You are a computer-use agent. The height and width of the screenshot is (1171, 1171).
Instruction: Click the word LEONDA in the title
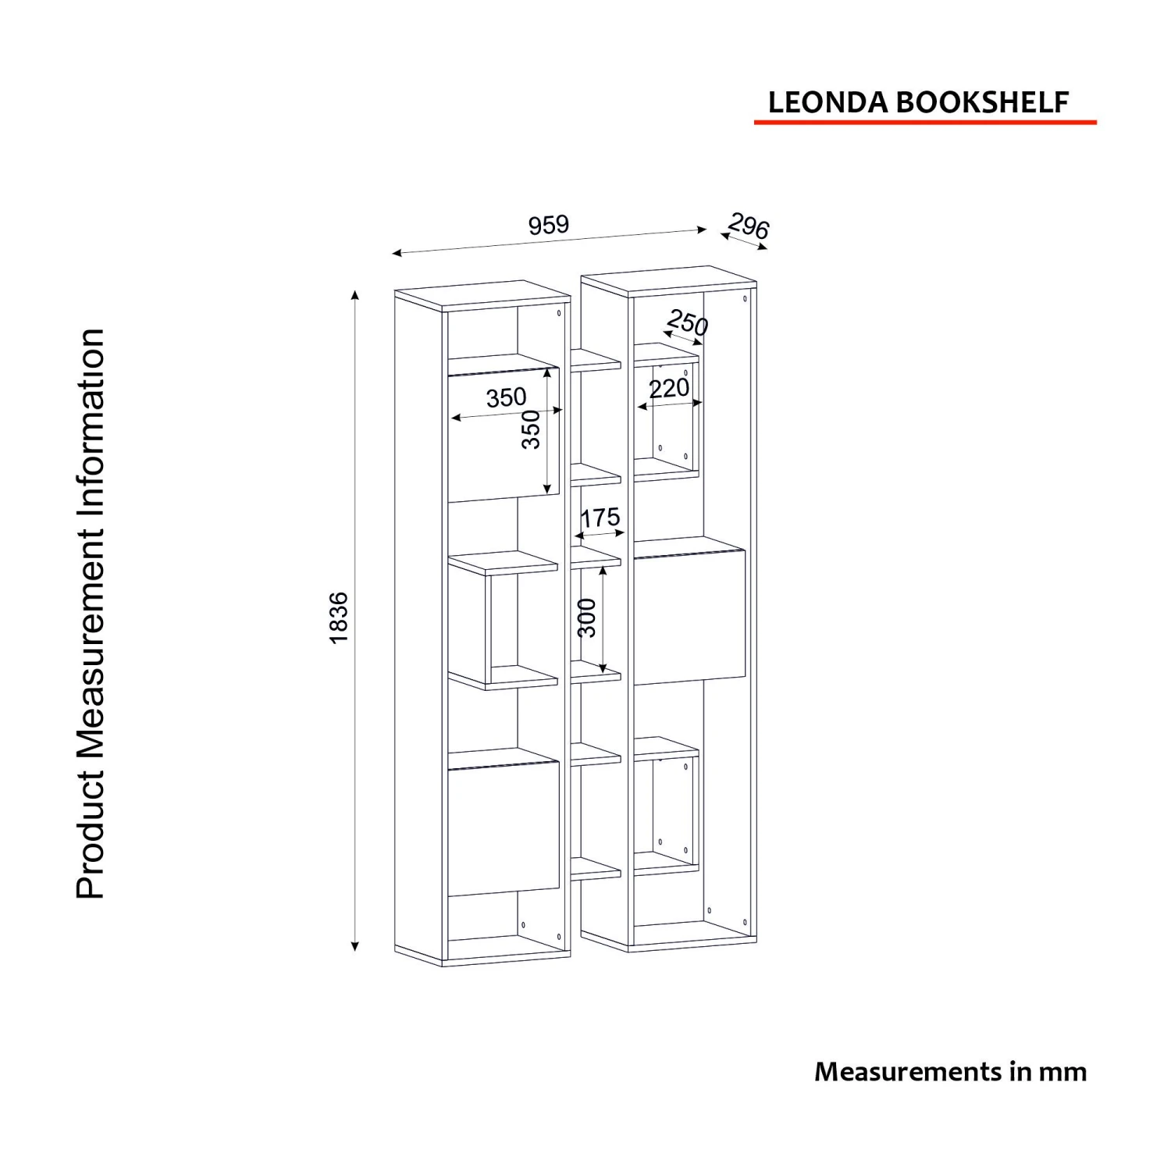(x=828, y=102)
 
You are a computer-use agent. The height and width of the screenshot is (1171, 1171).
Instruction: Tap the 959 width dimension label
(x=548, y=225)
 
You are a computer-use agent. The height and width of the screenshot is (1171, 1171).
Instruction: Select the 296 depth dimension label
(x=749, y=226)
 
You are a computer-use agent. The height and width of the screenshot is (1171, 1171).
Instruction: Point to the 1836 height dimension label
(x=338, y=618)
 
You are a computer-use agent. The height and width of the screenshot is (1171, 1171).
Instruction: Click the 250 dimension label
(x=687, y=322)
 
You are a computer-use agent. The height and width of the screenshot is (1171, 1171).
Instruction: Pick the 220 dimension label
(x=669, y=388)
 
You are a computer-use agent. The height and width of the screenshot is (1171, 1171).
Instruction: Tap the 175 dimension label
(x=600, y=517)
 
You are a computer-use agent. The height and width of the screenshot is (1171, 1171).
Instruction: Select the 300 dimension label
(x=586, y=618)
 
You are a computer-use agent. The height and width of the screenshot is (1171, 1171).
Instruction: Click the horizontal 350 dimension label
(x=506, y=397)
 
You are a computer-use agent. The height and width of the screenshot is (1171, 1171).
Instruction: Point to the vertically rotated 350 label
(x=531, y=429)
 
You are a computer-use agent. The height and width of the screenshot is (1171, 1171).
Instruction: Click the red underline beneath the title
(x=925, y=122)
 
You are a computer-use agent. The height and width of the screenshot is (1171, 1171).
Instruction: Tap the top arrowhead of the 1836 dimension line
(x=354, y=295)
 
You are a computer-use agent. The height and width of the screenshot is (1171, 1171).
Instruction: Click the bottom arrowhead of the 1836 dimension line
(x=354, y=946)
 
